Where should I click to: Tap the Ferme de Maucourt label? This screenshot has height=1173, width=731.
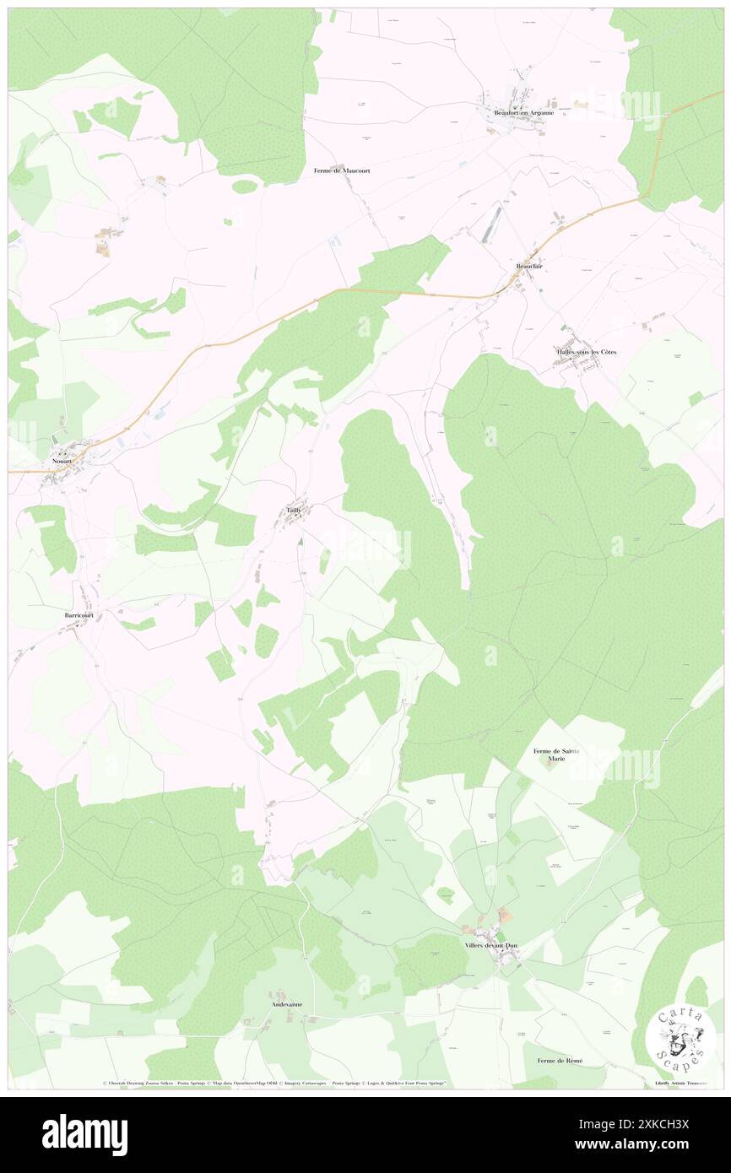click(342, 170)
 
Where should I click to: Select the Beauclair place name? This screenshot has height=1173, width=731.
click(530, 267)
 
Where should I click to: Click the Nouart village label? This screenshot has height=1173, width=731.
click(60, 462)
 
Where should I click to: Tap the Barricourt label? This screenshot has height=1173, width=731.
click(79, 616)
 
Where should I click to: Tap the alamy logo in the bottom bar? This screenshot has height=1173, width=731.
click(84, 1134)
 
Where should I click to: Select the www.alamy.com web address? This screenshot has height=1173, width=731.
click(631, 1145)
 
